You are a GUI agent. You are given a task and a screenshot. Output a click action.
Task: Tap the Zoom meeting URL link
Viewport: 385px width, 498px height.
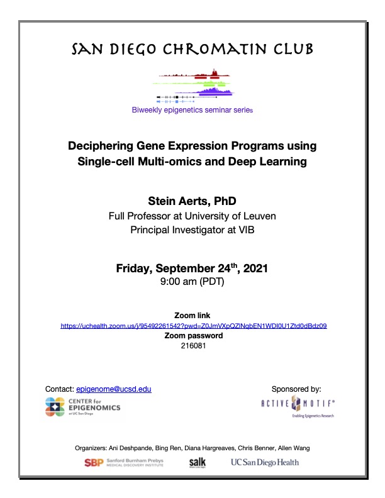coord(193,326)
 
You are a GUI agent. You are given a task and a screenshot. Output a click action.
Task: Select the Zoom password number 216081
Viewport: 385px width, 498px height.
coord(193,345)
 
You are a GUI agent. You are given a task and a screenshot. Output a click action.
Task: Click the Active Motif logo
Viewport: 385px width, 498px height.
coord(289,407)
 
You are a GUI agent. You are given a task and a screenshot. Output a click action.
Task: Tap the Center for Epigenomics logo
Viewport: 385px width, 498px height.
coord(83,407)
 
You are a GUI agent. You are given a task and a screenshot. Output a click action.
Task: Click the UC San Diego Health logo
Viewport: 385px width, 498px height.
coord(264,463)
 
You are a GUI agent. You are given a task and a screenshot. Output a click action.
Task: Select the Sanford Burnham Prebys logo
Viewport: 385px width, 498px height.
coord(124,463)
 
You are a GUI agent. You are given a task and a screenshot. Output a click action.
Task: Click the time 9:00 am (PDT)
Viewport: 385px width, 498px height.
coord(193,281)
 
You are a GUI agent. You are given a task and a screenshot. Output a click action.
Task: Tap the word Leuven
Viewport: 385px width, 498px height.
coord(259,216)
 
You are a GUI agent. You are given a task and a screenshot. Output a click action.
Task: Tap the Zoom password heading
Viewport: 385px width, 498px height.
coord(193,336)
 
